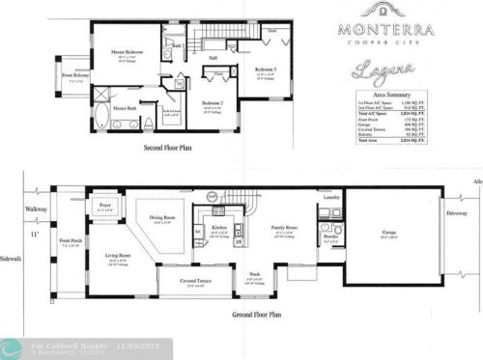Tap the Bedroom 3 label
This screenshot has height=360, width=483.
267,70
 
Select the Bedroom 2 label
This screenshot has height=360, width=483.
213,103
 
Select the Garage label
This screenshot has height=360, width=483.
389,232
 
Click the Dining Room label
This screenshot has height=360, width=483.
163,217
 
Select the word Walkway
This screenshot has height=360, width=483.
37,208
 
